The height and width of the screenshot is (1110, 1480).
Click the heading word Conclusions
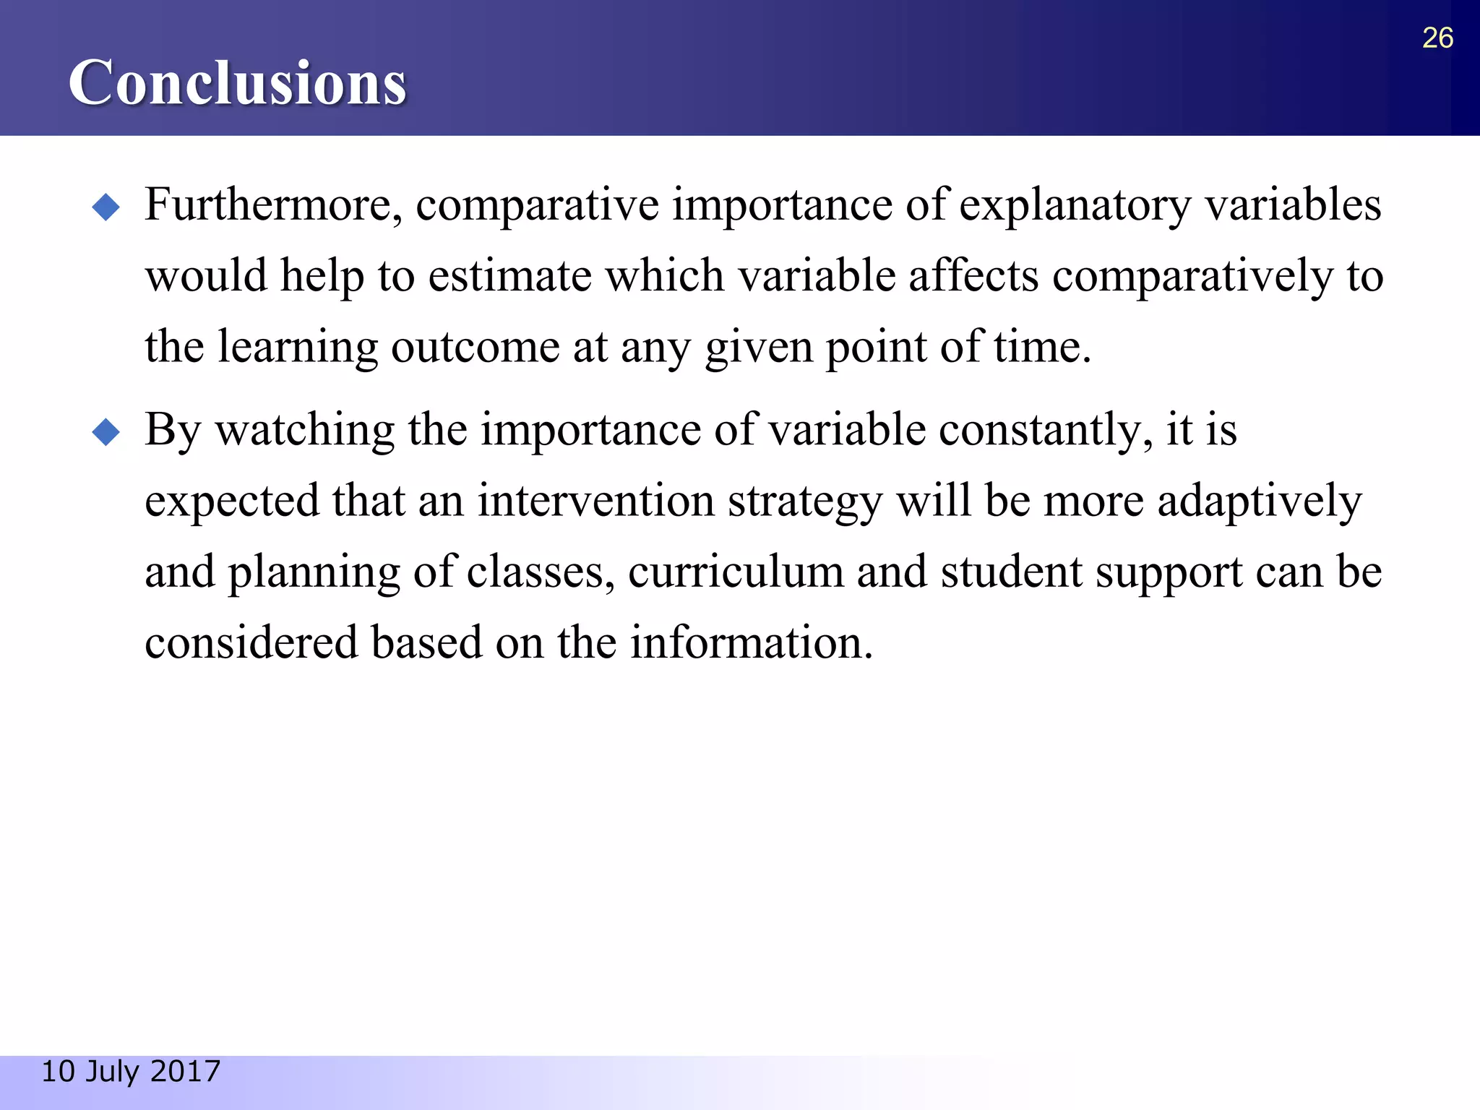pos(237,83)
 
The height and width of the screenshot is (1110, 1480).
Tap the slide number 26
pos(1437,38)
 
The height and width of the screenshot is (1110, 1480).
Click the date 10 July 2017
pos(131,1071)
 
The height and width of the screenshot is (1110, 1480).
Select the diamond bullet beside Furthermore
pos(106,207)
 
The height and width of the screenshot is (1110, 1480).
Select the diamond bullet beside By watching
pos(106,433)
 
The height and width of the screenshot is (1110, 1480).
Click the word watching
pos(305,430)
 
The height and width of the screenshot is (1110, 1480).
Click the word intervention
pos(595,501)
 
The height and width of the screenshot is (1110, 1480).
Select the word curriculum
pos(736,572)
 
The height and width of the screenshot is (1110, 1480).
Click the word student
pos(1011,572)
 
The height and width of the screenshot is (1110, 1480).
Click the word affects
pos(973,276)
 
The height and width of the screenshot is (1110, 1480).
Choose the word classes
pos(541,572)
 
